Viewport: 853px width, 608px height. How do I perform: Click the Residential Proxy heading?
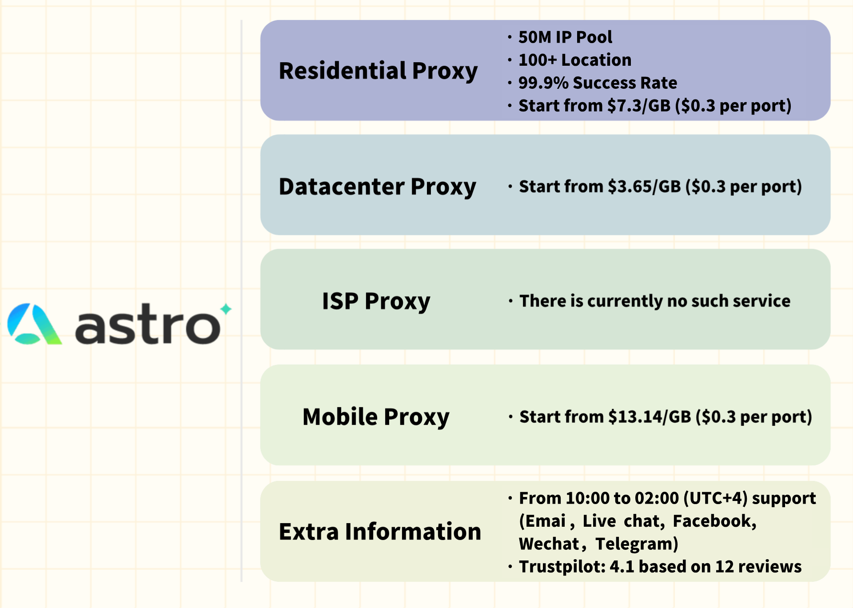(x=378, y=71)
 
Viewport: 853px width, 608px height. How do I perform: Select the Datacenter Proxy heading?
(x=377, y=187)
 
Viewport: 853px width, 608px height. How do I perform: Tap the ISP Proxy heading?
(x=376, y=302)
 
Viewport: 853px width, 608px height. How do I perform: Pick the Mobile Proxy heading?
(x=376, y=417)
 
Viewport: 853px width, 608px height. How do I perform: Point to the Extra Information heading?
(x=380, y=532)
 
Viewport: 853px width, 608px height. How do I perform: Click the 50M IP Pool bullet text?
(x=565, y=37)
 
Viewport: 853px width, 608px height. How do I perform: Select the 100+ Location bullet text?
(x=575, y=60)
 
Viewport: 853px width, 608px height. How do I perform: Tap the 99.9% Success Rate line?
(x=598, y=83)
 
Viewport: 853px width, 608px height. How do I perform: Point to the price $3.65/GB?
(x=644, y=187)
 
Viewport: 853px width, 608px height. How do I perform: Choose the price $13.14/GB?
(x=650, y=417)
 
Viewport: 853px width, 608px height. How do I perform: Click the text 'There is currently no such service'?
(x=655, y=301)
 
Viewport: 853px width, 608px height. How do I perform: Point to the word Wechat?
(x=549, y=544)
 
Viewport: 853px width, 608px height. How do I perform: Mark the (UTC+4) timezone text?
(x=716, y=498)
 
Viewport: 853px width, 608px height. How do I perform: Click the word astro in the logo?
(x=148, y=325)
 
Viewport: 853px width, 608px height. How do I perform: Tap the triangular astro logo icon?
(x=34, y=324)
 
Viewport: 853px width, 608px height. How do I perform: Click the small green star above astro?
(x=226, y=309)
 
